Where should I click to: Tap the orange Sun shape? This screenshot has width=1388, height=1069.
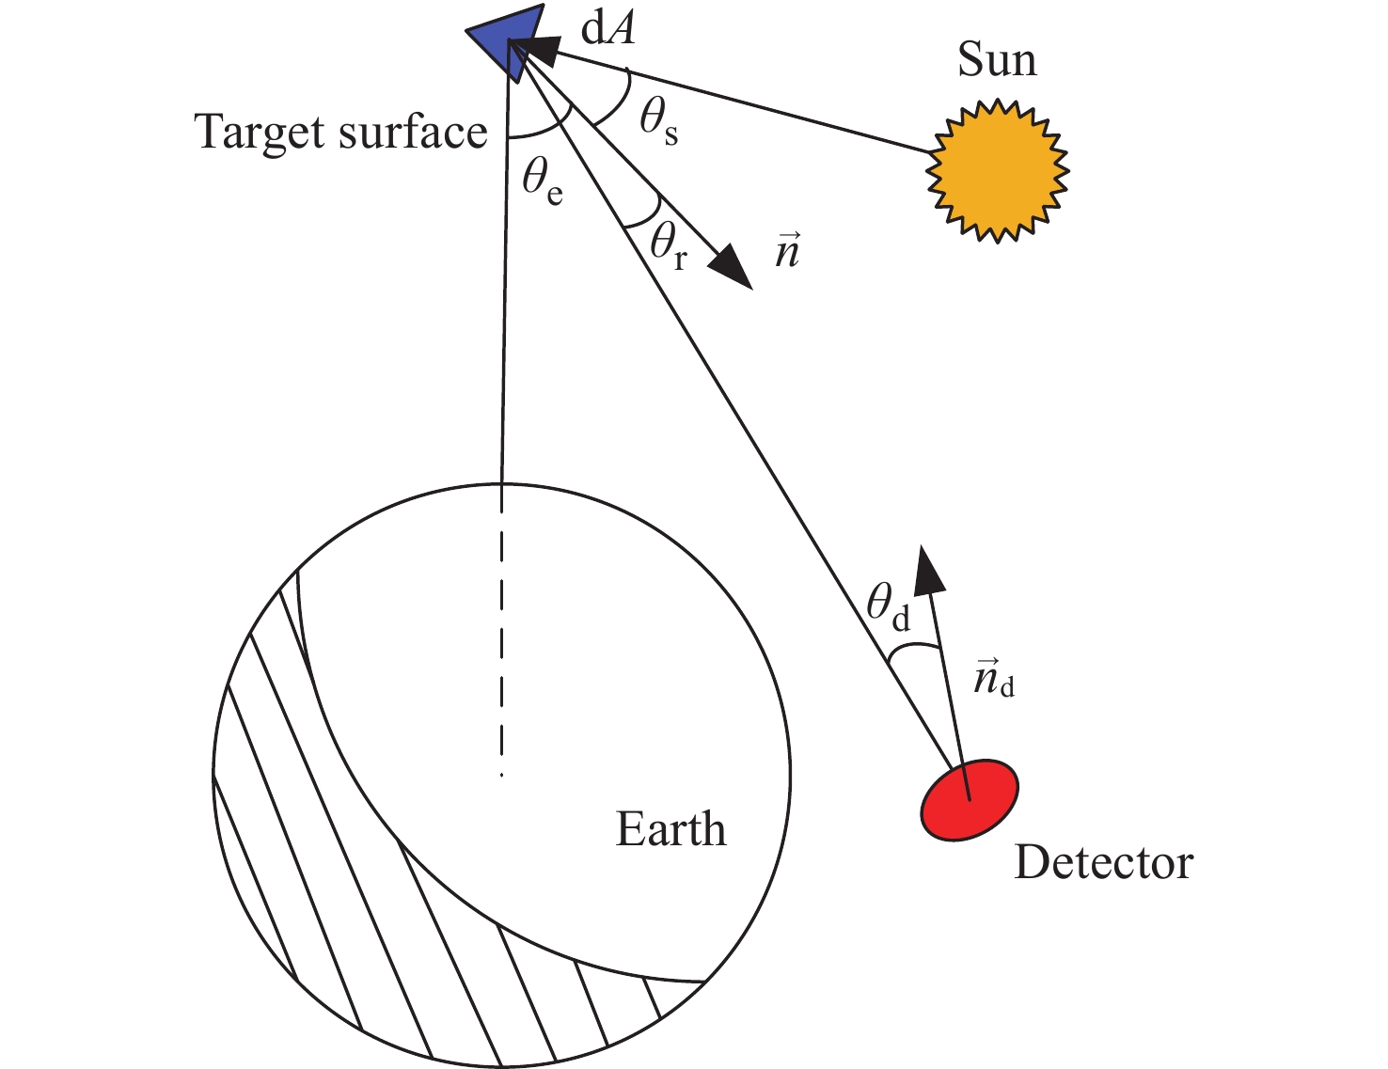point(997,171)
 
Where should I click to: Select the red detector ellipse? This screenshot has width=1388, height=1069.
point(969,800)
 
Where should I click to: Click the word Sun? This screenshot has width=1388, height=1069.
point(997,60)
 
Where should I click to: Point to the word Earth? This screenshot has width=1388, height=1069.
point(670,829)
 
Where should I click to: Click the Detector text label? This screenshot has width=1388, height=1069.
point(1103,862)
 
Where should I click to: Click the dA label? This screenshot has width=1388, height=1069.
point(607,29)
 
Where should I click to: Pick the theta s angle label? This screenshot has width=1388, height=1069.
point(658,122)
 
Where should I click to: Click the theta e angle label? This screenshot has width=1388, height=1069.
point(543,179)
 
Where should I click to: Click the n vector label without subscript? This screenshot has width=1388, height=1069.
point(787,252)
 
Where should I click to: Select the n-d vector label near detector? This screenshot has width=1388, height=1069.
point(993,679)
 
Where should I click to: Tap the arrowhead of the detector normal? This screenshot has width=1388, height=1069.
point(928,569)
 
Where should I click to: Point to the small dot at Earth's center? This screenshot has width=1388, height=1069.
point(502,775)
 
